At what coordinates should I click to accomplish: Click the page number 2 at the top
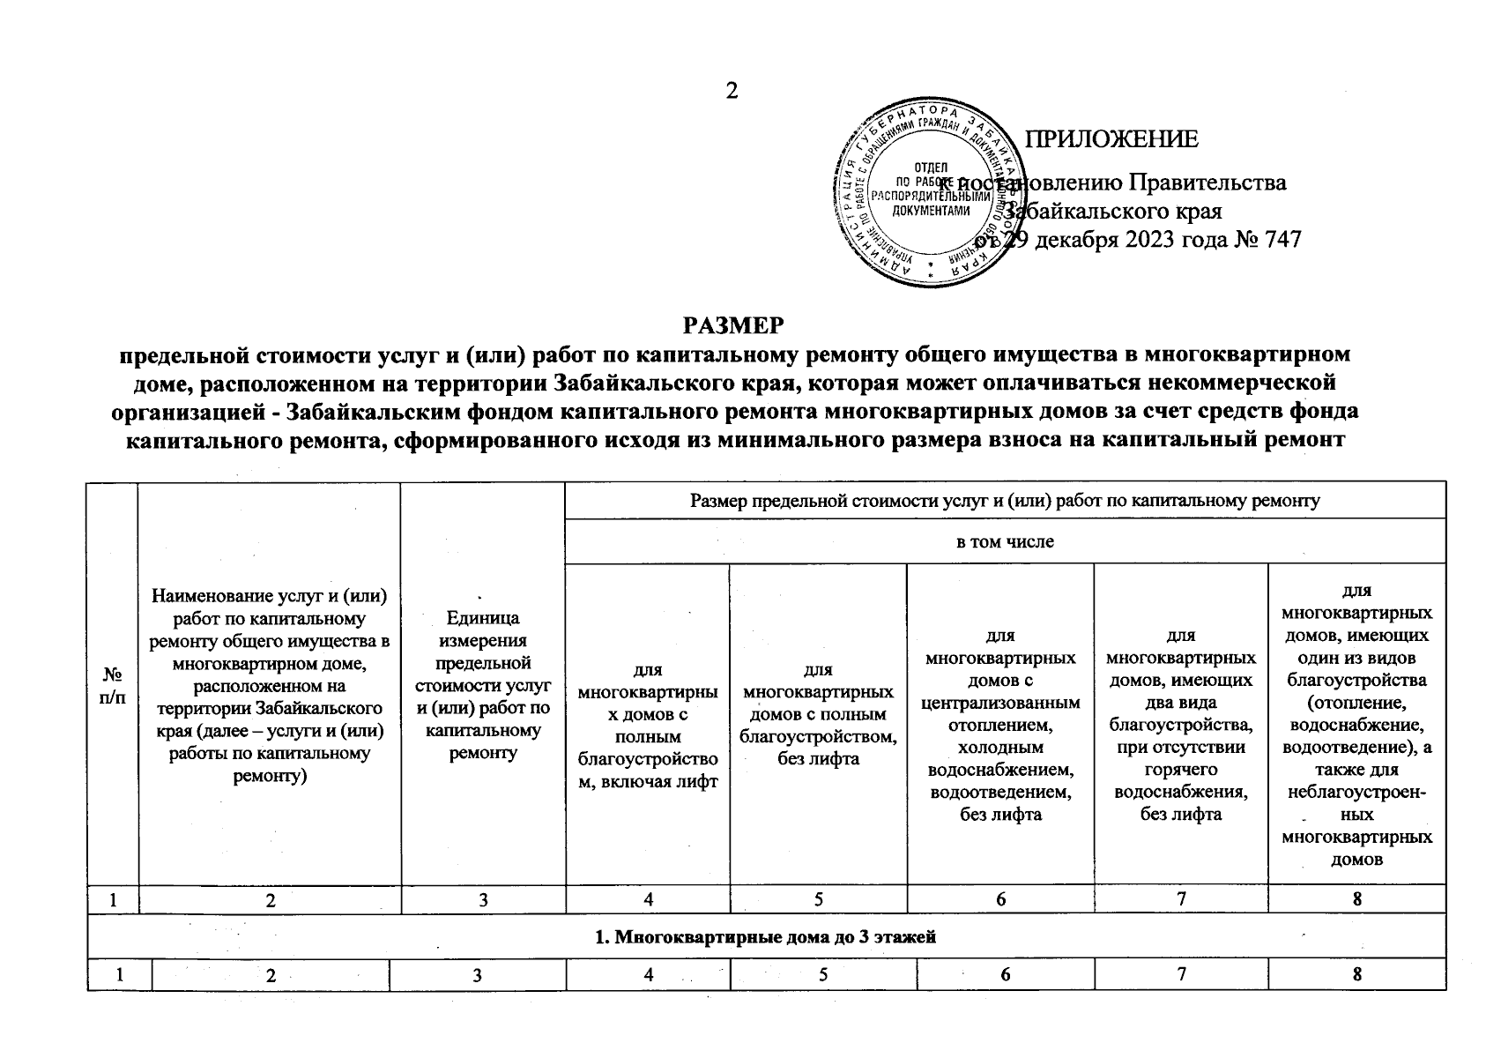pyautogui.click(x=731, y=91)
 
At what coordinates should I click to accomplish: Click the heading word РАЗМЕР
pyautogui.click(x=732, y=326)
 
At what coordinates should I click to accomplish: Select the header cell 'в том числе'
pyautogui.click(x=1005, y=541)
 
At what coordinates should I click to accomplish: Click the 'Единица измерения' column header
pyautogui.click(x=482, y=685)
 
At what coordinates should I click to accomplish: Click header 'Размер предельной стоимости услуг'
pyautogui.click(x=1005, y=501)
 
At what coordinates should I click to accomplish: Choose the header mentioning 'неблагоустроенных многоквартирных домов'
pyautogui.click(x=1356, y=725)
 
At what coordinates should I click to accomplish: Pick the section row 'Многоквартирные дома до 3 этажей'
pyautogui.click(x=765, y=936)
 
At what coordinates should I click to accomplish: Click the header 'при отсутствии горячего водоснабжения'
pyautogui.click(x=1180, y=725)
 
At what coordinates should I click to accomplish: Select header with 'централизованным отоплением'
pyautogui.click(x=999, y=725)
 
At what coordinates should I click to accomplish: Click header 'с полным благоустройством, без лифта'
pyautogui.click(x=818, y=714)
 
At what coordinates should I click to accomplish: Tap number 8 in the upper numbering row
pyautogui.click(x=1356, y=899)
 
